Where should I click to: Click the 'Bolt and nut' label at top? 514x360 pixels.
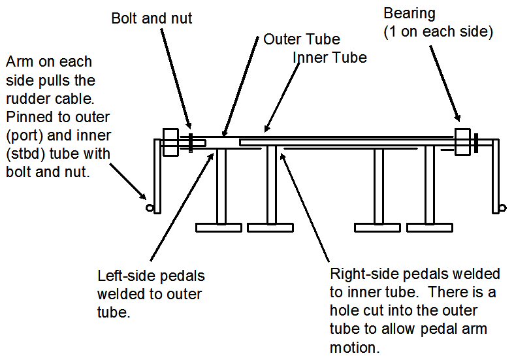click(x=152, y=18)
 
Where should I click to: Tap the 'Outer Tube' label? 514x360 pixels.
click(x=302, y=39)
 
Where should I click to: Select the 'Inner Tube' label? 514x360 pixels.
click(x=329, y=57)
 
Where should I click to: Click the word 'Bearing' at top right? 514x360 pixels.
click(x=410, y=14)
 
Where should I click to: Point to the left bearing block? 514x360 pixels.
click(x=170, y=142)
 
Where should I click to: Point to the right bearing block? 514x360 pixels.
click(x=462, y=142)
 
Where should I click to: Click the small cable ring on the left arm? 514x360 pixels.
click(x=149, y=208)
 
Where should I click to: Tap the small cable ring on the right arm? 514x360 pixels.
click(x=502, y=208)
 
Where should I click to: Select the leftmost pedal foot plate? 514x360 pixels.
click(x=219, y=227)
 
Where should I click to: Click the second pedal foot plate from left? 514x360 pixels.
click(x=270, y=227)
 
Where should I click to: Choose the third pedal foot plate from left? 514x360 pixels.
click(x=377, y=227)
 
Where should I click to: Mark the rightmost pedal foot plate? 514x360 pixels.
click(x=430, y=227)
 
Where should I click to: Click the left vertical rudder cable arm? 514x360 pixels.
click(x=157, y=176)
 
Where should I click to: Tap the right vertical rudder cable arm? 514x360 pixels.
click(x=495, y=176)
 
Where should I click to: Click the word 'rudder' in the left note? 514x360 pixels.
click(x=27, y=99)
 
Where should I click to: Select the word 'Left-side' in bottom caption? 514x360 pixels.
click(x=125, y=276)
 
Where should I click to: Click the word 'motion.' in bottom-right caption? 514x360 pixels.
click(x=355, y=348)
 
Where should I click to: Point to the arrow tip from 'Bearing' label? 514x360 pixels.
click(x=458, y=121)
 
